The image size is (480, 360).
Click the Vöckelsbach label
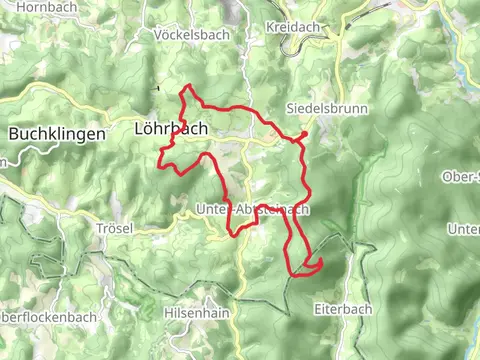tap(192, 34)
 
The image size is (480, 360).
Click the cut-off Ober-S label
tap(461, 177)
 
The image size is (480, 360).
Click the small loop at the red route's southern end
tap(310, 265)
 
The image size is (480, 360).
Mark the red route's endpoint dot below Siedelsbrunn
tap(303, 134)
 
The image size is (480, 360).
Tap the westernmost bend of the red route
tap(161, 151)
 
